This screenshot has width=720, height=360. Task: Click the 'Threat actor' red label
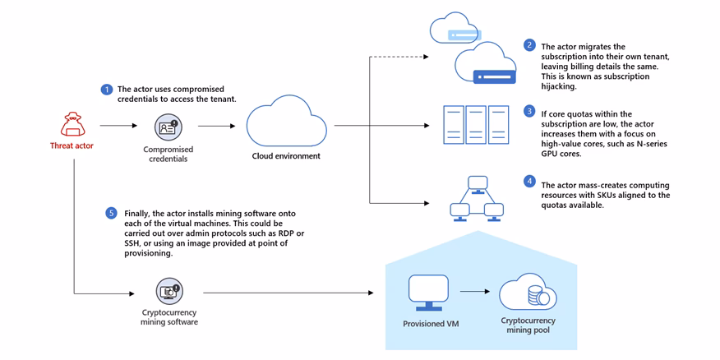(x=72, y=146)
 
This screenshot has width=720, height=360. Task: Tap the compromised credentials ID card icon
(x=168, y=127)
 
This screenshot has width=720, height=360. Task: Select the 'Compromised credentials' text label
(x=168, y=155)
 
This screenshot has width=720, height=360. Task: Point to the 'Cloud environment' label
(x=286, y=156)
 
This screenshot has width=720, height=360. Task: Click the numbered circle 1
(x=106, y=90)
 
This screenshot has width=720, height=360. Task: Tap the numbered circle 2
(x=529, y=45)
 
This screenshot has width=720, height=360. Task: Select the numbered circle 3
(x=529, y=112)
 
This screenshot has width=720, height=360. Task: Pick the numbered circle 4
(x=529, y=181)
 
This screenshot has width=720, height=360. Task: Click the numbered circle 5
(x=112, y=213)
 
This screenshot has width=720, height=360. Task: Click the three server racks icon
(x=476, y=125)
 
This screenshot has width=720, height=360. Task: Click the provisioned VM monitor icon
(x=428, y=293)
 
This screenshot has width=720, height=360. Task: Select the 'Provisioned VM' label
(x=430, y=324)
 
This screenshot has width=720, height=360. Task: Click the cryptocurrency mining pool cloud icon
(x=528, y=293)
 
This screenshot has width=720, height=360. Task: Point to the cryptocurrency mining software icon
(x=169, y=291)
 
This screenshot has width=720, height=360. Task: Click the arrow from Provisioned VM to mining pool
(x=475, y=292)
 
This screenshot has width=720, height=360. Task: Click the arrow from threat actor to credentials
(x=118, y=126)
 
